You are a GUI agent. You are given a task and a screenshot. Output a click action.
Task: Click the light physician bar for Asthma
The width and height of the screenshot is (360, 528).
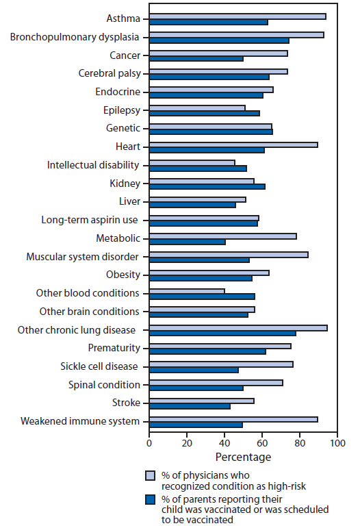click(237, 16)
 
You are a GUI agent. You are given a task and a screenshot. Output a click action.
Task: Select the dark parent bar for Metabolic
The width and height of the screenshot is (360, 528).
click(187, 242)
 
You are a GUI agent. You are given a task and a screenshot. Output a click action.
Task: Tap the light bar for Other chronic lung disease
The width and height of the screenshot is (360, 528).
click(237, 327)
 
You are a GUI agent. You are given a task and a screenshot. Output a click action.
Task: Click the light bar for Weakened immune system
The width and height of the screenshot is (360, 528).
click(233, 419)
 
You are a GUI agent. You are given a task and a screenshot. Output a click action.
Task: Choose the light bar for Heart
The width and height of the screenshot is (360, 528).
click(233, 144)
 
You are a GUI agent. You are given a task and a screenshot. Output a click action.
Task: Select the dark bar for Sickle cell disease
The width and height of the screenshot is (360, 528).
click(194, 370)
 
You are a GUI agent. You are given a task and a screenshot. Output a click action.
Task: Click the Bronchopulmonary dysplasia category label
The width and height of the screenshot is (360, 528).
click(75, 36)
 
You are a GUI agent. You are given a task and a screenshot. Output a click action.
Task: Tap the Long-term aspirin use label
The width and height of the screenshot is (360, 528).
click(90, 220)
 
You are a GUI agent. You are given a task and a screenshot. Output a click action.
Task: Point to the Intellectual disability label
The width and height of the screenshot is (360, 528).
click(93, 165)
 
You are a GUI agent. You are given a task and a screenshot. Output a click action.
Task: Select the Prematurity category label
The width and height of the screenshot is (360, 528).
click(114, 348)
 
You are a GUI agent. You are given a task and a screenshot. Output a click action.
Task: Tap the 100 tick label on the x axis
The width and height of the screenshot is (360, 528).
click(337, 443)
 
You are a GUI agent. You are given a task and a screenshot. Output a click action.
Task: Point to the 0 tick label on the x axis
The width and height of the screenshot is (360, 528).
click(149, 443)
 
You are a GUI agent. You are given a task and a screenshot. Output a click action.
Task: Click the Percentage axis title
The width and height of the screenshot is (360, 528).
click(243, 457)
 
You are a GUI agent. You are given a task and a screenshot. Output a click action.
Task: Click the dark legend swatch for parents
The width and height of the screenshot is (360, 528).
click(151, 499)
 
